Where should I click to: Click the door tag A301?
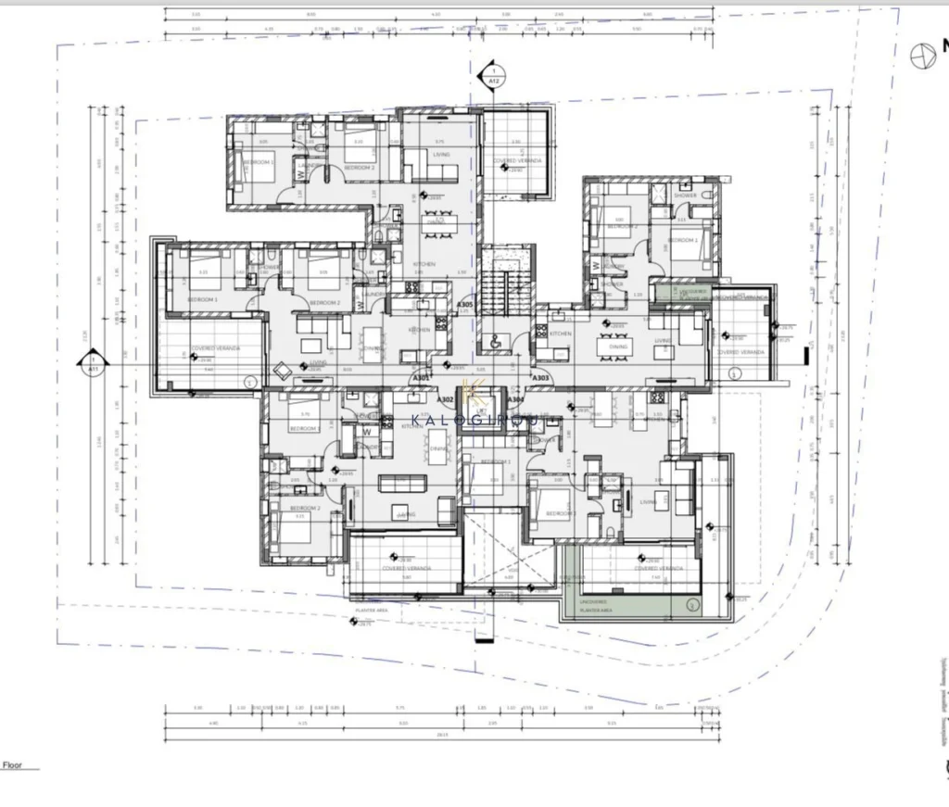(x=421, y=378)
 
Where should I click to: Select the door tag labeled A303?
(x=540, y=378)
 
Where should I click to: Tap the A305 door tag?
(x=466, y=305)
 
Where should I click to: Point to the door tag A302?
(x=446, y=399)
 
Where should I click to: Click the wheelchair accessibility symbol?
(x=492, y=340)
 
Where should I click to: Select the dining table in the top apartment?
(x=436, y=221)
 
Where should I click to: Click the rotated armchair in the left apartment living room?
(x=282, y=370)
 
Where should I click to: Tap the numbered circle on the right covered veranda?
(x=735, y=373)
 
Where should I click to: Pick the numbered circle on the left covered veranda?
(x=247, y=381)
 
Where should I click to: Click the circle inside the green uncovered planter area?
(x=691, y=604)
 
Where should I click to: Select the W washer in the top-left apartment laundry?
(x=300, y=170)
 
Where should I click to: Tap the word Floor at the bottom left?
(x=13, y=765)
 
